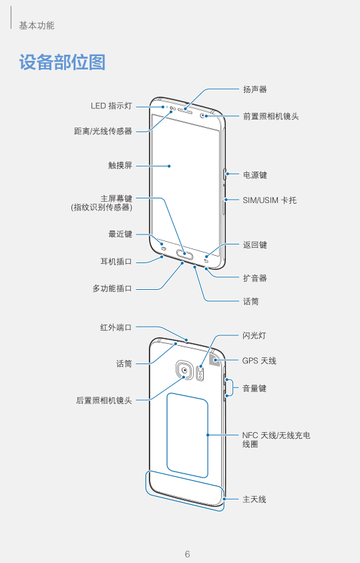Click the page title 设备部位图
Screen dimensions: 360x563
(62, 63)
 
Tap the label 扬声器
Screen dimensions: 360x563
(255, 89)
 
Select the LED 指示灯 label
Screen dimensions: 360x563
(112, 106)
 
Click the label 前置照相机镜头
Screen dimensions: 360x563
(271, 116)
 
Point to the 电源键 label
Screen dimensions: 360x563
(255, 175)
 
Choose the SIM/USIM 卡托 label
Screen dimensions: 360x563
(270, 200)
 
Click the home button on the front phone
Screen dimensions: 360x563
(185, 256)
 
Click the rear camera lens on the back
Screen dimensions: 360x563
(185, 370)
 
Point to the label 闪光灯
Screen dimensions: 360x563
(254, 335)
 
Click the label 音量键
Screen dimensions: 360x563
(254, 388)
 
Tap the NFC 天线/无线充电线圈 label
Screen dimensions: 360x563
(276, 440)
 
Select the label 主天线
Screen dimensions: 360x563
(254, 499)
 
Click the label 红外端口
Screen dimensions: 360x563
(116, 327)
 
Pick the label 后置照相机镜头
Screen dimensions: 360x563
(104, 400)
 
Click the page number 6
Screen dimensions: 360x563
(187, 554)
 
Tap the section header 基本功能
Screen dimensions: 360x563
(37, 25)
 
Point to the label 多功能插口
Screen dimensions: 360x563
(112, 289)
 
